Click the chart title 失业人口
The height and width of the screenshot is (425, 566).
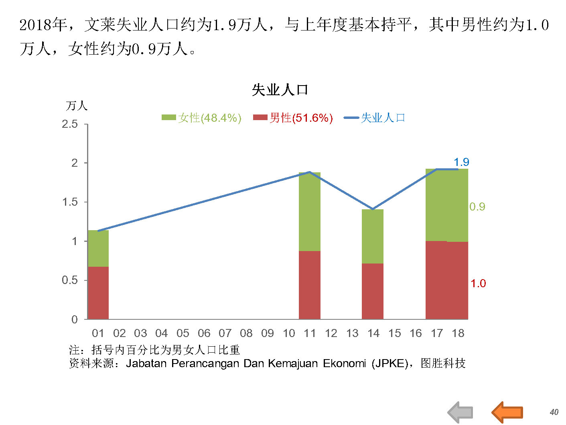click(280, 90)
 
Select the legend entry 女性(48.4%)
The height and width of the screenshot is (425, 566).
click(201, 118)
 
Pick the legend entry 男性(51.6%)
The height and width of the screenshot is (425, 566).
click(293, 118)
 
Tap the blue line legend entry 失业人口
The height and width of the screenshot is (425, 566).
click(375, 118)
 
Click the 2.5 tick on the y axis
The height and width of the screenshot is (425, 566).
click(70, 124)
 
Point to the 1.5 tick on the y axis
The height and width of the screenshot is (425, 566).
click(70, 202)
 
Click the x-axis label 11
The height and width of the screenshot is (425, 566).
click(310, 333)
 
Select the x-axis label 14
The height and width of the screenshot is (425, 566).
click(373, 333)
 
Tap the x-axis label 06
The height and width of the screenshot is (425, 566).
click(204, 333)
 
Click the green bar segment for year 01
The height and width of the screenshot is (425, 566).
click(98, 248)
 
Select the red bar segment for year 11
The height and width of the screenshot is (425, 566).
click(310, 285)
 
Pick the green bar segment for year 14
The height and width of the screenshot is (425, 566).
click(373, 236)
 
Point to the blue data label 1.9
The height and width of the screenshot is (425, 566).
click(461, 162)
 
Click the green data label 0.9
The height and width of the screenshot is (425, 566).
click(477, 206)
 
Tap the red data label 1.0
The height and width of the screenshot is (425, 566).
click(478, 283)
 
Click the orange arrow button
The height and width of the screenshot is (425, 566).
click(507, 412)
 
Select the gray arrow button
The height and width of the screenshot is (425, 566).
click(461, 412)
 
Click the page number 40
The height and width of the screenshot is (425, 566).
click(554, 412)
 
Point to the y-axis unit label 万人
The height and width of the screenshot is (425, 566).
click(77, 106)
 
